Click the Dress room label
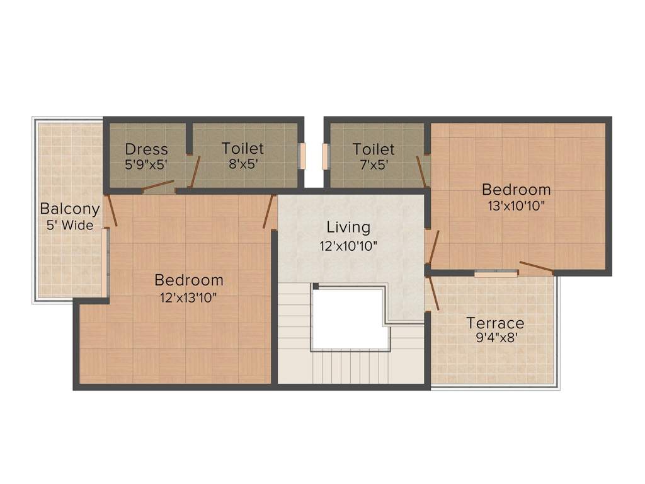tap(146, 149)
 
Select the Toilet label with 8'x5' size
tap(243, 149)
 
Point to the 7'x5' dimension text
tap(374, 164)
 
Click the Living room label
tap(348, 227)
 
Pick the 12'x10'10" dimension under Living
tap(348, 246)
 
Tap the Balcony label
tap(70, 209)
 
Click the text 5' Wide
tap(70, 225)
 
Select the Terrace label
tap(495, 323)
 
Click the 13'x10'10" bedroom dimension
tap(516, 205)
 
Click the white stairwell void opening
tap(350, 318)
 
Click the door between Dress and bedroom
tap(157, 185)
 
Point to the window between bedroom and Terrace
tap(496, 274)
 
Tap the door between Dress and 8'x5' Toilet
tap(195, 171)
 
